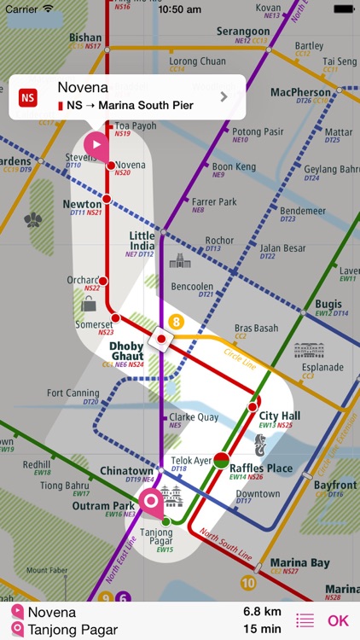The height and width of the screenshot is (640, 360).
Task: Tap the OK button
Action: point(339,621)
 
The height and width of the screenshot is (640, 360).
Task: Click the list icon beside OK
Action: point(305,621)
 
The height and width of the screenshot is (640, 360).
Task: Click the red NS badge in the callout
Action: point(28,96)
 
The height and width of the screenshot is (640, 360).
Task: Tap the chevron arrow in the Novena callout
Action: point(224,96)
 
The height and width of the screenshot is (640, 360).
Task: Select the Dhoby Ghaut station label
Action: point(127,351)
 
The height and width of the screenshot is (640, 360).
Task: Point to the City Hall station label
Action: point(279,416)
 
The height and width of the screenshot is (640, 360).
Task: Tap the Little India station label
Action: point(142,240)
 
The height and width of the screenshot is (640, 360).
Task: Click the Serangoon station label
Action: point(242,32)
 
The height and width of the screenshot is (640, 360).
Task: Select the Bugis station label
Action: point(328,304)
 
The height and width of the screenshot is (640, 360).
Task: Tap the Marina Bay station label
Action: point(299,563)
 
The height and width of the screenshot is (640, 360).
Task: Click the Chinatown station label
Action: point(126,471)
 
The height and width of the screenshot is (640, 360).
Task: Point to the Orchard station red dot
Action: point(103,281)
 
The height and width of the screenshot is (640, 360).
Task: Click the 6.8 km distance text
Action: point(262,612)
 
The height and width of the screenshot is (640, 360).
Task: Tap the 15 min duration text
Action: point(262,630)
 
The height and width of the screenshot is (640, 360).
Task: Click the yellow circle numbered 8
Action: point(177,322)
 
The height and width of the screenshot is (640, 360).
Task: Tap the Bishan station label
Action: point(84,38)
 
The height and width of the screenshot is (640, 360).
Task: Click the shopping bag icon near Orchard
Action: point(89,304)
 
